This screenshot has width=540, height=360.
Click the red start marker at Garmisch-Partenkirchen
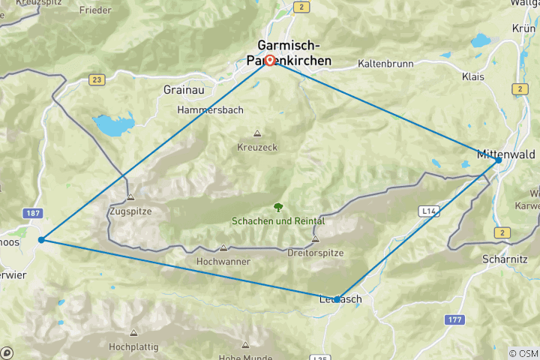point(269,61)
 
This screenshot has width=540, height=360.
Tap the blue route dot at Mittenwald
point(498,160)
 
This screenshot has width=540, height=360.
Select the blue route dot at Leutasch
point(337,298)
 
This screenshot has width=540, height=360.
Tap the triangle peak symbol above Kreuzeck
point(257,133)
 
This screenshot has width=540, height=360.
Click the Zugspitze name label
point(130,211)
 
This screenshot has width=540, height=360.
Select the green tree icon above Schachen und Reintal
point(278,207)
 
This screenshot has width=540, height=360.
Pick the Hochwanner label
point(223,262)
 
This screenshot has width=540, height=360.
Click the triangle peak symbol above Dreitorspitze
point(315,239)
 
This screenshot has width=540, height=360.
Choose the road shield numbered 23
point(96,79)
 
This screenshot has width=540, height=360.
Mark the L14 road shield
point(427,213)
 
